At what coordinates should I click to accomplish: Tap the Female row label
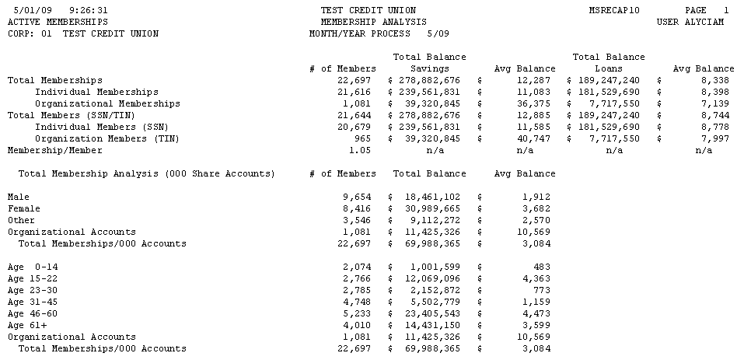click(x=24, y=208)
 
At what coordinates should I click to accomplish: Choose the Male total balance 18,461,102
click(x=428, y=197)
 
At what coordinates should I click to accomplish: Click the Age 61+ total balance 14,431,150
click(x=428, y=325)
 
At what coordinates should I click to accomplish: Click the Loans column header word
click(x=609, y=68)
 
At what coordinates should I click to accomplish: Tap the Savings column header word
click(x=429, y=68)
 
